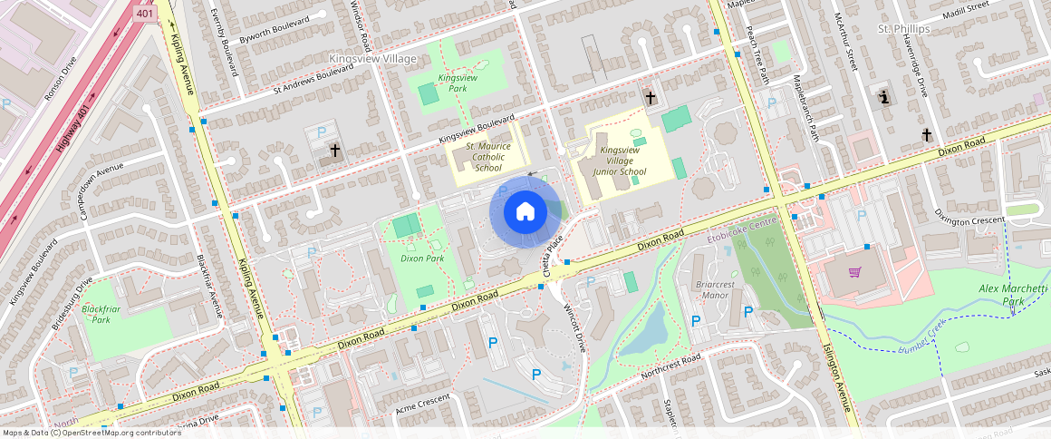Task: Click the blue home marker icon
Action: (525, 212)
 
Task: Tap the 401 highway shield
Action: (144, 14)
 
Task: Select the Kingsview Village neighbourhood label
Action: (372, 59)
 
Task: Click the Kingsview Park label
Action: (458, 83)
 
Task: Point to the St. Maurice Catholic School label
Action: (488, 157)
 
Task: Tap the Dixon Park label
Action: (422, 259)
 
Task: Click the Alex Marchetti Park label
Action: (1013, 295)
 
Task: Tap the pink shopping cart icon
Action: (854, 272)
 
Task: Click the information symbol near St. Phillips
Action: (885, 95)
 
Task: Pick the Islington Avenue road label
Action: (838, 382)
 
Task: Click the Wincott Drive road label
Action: (574, 327)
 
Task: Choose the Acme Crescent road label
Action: (423, 405)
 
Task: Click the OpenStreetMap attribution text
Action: (92, 433)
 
